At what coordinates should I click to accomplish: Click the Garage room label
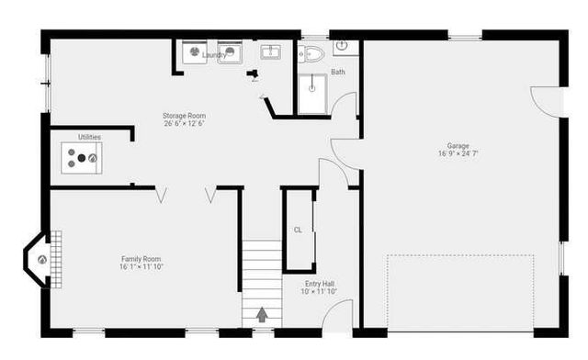(458, 145)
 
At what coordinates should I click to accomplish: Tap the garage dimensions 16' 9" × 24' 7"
(458, 153)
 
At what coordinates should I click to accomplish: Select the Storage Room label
(184, 116)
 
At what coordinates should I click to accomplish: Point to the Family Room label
(141, 259)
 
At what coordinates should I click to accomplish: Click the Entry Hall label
(319, 284)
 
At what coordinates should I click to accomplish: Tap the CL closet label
(298, 230)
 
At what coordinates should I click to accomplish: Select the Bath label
(338, 72)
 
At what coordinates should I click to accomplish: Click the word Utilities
(89, 137)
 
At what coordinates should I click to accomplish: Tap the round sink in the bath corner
(341, 44)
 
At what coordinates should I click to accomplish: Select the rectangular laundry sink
(271, 52)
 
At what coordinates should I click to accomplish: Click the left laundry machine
(195, 52)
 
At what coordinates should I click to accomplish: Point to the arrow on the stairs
(262, 314)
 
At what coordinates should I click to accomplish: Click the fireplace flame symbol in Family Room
(42, 260)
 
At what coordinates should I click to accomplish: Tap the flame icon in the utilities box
(92, 158)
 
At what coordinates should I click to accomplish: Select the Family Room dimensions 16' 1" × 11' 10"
(141, 267)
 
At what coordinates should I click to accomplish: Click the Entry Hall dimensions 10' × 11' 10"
(319, 292)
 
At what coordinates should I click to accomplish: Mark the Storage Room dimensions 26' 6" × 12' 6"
(184, 124)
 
